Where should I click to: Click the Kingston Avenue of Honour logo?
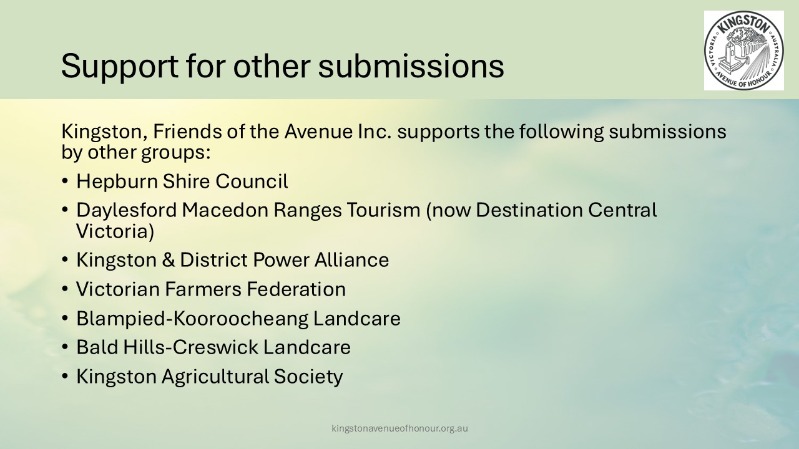[743, 51]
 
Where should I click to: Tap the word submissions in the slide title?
[411, 65]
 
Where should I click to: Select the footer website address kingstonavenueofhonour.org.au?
[399, 428]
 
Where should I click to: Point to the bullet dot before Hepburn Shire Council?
[64, 181]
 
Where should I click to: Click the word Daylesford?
[127, 211]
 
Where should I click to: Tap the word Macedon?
[225, 210]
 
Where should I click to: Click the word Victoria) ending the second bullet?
[115, 231]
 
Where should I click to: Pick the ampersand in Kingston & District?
[168, 260]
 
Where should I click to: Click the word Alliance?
[351, 260]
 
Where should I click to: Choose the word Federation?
[296, 289]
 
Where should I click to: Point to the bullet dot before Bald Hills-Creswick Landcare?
[64, 346]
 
